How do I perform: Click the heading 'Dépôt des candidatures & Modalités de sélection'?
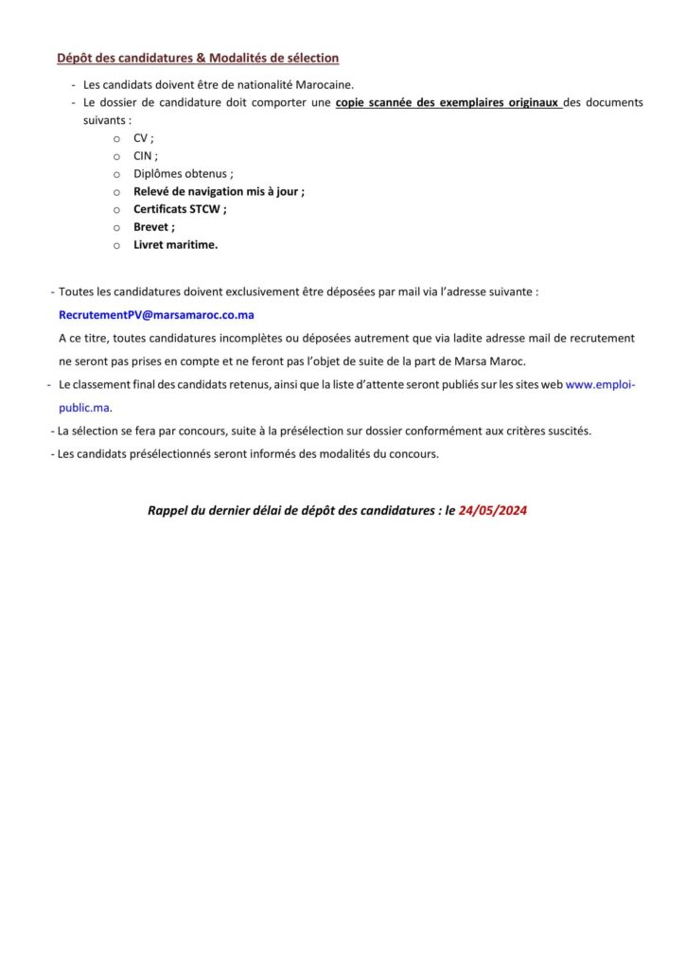point(198,58)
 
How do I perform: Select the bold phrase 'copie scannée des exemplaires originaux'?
point(447,102)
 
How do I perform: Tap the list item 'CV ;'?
point(144,138)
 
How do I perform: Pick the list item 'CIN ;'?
point(146,156)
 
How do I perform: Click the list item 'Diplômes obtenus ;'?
point(183,174)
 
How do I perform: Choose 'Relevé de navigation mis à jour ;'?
point(219,191)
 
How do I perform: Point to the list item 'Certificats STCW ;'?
point(180,209)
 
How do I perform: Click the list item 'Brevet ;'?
point(154,227)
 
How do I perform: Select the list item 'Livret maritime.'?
point(175,244)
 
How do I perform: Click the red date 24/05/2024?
point(493,510)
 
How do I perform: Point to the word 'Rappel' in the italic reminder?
point(167,510)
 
